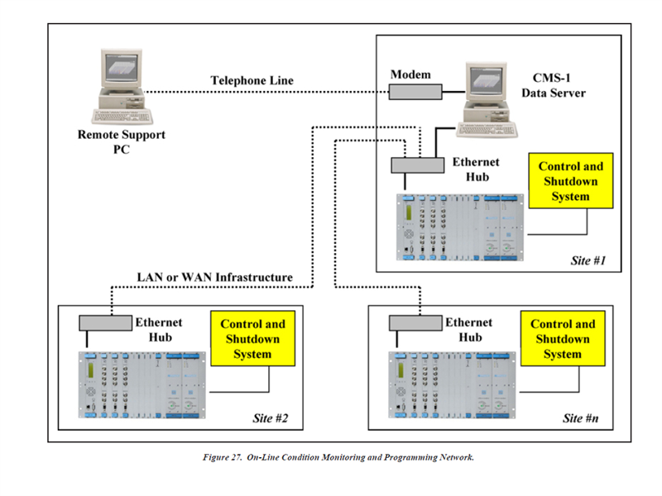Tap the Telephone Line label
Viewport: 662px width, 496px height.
(x=252, y=80)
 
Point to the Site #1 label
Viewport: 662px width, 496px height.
(x=588, y=260)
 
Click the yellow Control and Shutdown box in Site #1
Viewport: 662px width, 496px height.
(x=570, y=181)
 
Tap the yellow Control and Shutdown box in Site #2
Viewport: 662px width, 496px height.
(x=252, y=339)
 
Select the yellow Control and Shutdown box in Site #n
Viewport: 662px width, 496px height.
(x=563, y=339)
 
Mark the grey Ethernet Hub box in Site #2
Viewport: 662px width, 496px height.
(x=105, y=322)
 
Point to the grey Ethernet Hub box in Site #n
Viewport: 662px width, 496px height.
(x=416, y=322)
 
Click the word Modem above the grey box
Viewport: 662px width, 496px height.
(x=411, y=74)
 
